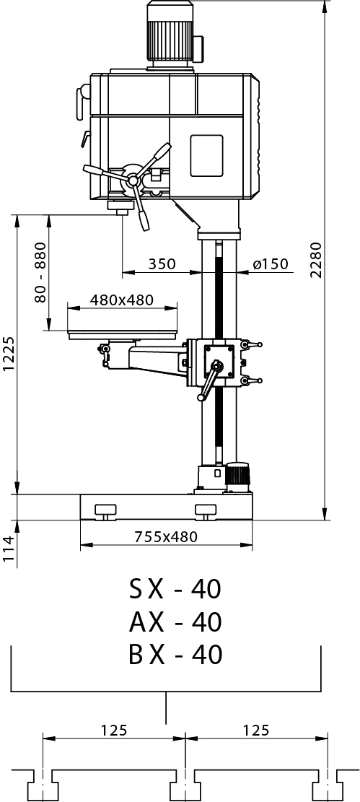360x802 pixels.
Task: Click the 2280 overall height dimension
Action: (317, 259)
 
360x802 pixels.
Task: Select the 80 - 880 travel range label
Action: (40, 272)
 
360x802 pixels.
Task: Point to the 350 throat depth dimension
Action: (162, 264)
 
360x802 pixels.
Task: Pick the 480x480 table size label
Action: (122, 300)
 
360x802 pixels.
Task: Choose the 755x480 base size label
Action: (166, 537)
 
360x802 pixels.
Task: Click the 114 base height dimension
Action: (9, 548)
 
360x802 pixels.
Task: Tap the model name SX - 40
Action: (175, 589)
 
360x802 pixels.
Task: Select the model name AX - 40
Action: (175, 622)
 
